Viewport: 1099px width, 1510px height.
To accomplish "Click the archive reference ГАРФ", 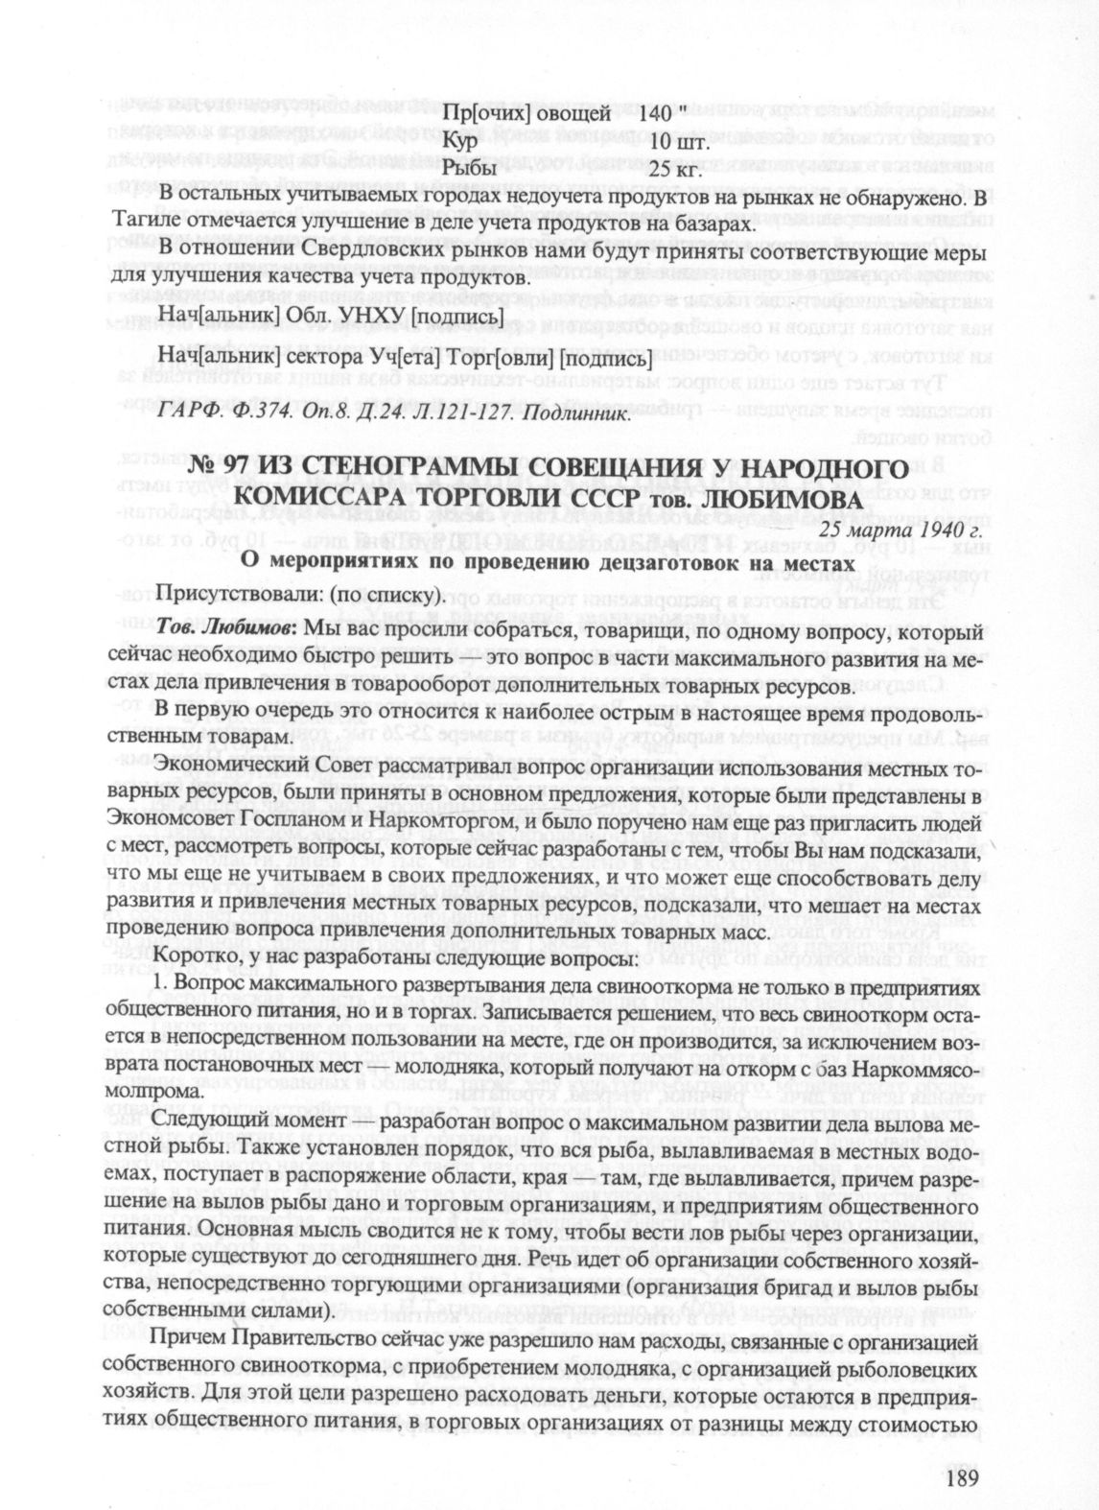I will tap(181, 414).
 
